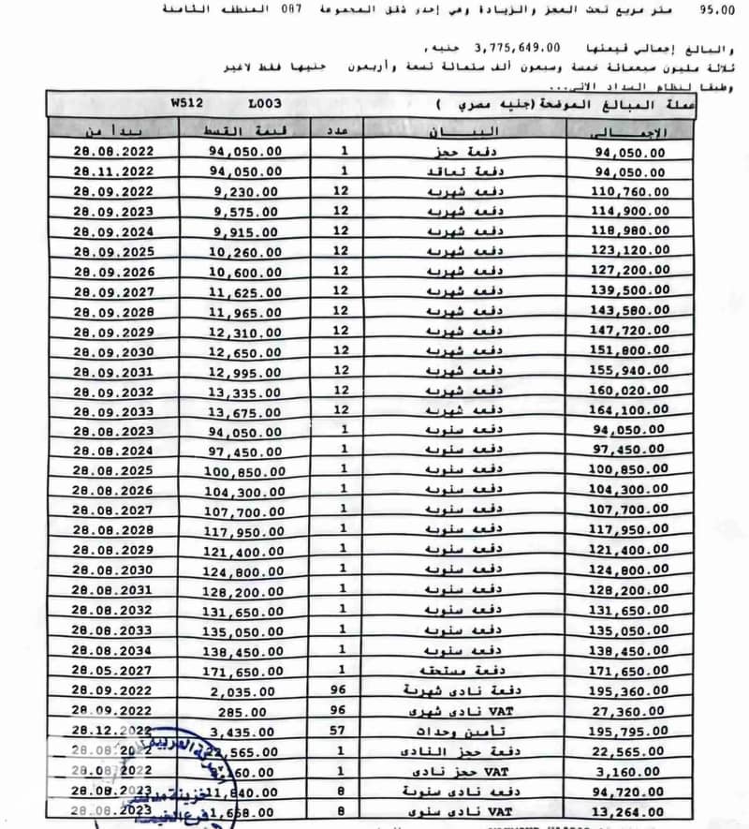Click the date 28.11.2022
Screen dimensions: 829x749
[112, 171]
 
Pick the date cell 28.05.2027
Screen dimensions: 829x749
[112, 671]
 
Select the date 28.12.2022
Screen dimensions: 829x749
[112, 730]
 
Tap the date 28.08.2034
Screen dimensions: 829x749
[112, 650]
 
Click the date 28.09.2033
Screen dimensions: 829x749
[112, 411]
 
